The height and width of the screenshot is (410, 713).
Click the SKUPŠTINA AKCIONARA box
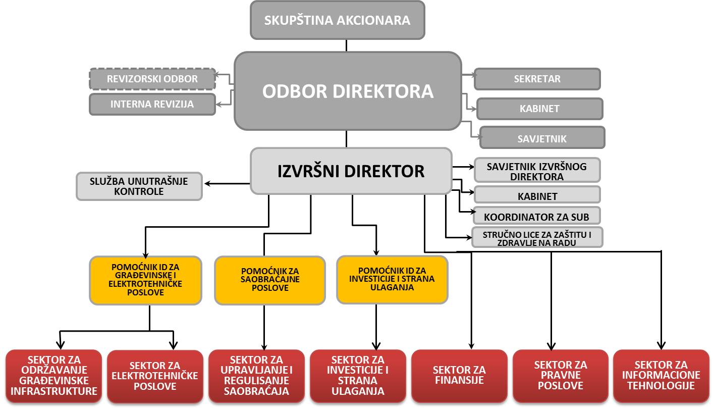coord(337,20)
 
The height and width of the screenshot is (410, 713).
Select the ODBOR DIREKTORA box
coord(348,91)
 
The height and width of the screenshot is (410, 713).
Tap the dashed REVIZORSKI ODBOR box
coord(152,79)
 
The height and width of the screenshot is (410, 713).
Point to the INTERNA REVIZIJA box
coord(152,105)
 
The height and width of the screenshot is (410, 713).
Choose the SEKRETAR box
coord(537,79)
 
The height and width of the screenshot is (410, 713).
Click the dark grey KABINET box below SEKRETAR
coord(539,109)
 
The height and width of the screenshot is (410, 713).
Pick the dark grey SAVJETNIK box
coord(542,138)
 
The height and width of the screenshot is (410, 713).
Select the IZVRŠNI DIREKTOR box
coord(351,171)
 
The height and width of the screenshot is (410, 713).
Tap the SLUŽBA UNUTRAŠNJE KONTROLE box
coord(139,186)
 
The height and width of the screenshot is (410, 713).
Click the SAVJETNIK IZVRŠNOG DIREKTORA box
coord(536,171)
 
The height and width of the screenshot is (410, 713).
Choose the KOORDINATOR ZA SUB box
coord(536,217)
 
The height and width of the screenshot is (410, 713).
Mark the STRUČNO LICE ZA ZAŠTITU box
coord(536,238)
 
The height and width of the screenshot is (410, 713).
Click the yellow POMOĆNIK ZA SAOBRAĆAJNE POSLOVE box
coord(270,280)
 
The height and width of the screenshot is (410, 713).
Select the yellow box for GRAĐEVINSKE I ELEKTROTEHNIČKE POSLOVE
coord(145,280)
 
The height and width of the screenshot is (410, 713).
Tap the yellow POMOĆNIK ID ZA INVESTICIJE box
coord(392,279)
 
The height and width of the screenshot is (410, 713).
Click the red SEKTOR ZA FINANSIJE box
coord(459,376)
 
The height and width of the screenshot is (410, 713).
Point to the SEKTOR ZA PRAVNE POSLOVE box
coord(561,376)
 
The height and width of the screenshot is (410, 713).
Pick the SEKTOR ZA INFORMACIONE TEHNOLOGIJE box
coord(661,376)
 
